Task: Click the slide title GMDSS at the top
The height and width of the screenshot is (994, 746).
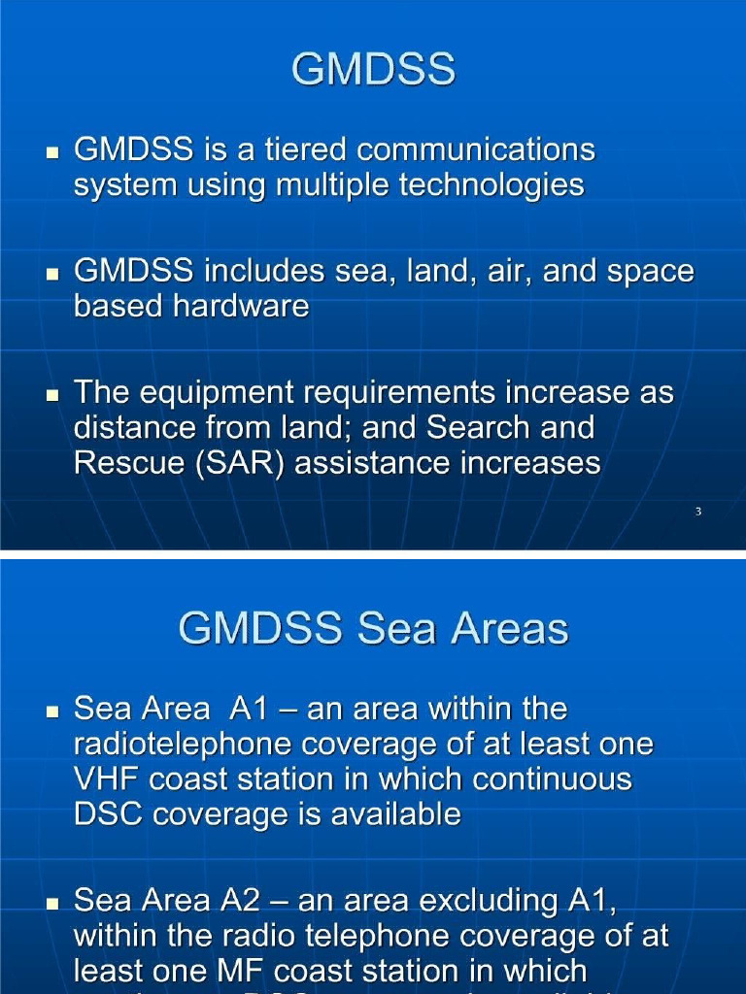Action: tap(373, 70)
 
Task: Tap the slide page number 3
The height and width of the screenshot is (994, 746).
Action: tap(698, 512)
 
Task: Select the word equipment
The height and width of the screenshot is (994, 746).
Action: tap(208, 394)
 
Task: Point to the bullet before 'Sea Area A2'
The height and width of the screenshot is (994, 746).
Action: tap(53, 904)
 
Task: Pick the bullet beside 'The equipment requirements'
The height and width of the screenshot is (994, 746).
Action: tap(53, 396)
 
